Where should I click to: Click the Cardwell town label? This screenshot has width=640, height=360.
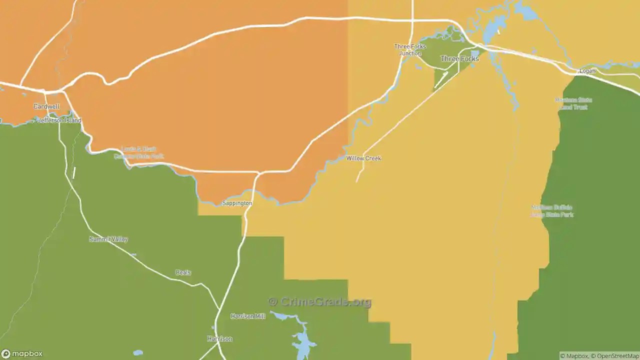pos(46,106)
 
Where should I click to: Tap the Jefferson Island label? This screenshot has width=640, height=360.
pos(59,120)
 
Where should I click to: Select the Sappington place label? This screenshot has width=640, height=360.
pos(237,203)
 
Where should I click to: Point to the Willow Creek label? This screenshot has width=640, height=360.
pos(364,158)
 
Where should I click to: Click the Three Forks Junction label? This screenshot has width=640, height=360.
pos(410,50)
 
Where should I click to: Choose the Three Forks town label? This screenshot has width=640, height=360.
pos(459,59)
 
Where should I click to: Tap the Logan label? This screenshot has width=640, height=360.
pos(587,71)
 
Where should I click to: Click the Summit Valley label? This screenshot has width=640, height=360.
pos(108,239)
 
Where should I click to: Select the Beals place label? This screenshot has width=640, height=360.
pos(183,272)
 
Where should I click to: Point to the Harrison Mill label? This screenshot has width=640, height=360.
pos(248,316)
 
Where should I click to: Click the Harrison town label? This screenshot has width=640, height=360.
pos(220,339)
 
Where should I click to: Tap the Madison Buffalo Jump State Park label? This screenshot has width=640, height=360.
pos(552,211)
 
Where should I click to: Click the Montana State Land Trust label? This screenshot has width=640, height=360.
pos(573,103)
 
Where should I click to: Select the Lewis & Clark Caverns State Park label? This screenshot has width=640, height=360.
pos(138,152)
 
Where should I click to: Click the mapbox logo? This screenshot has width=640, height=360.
pos(22,353)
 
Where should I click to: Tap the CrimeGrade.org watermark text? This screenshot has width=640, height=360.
pos(320,302)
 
